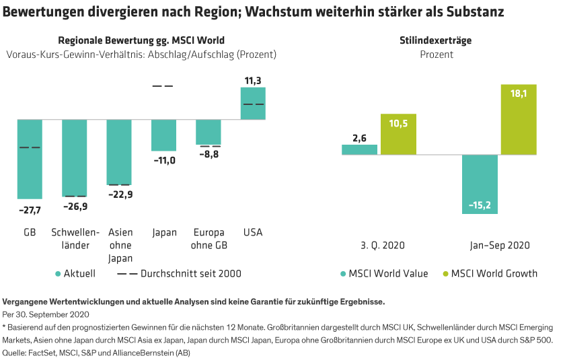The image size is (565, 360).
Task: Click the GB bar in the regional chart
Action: (x=30, y=159)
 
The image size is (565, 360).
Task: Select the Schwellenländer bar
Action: (x=74, y=158)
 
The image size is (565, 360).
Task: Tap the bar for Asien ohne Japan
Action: (x=119, y=152)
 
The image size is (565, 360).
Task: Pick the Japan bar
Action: (x=163, y=135)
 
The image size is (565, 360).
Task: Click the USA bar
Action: (x=253, y=103)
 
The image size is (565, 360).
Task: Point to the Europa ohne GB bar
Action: (x=209, y=132)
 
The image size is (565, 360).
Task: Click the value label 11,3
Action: (x=253, y=81)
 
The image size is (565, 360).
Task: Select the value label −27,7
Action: (x=30, y=210)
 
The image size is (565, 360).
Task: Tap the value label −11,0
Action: (x=163, y=160)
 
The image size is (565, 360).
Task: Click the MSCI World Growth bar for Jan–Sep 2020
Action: (x=519, y=120)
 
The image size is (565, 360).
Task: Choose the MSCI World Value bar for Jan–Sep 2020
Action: (x=480, y=184)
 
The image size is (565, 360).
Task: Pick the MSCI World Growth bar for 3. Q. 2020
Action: (x=398, y=134)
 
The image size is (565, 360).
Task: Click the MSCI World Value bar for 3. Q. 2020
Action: (x=359, y=149)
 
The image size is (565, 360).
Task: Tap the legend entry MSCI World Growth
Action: (x=494, y=273)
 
